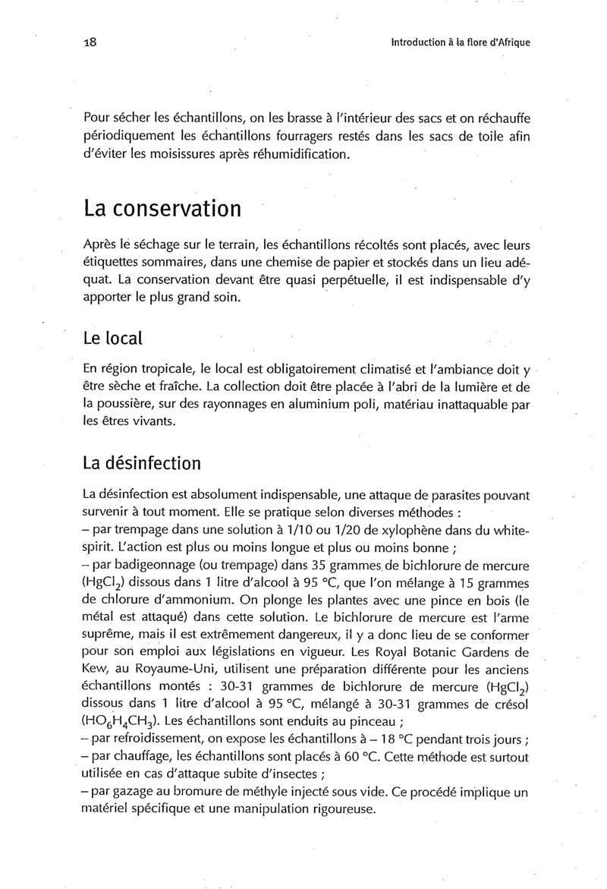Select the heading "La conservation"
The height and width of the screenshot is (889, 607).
pos(162,208)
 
